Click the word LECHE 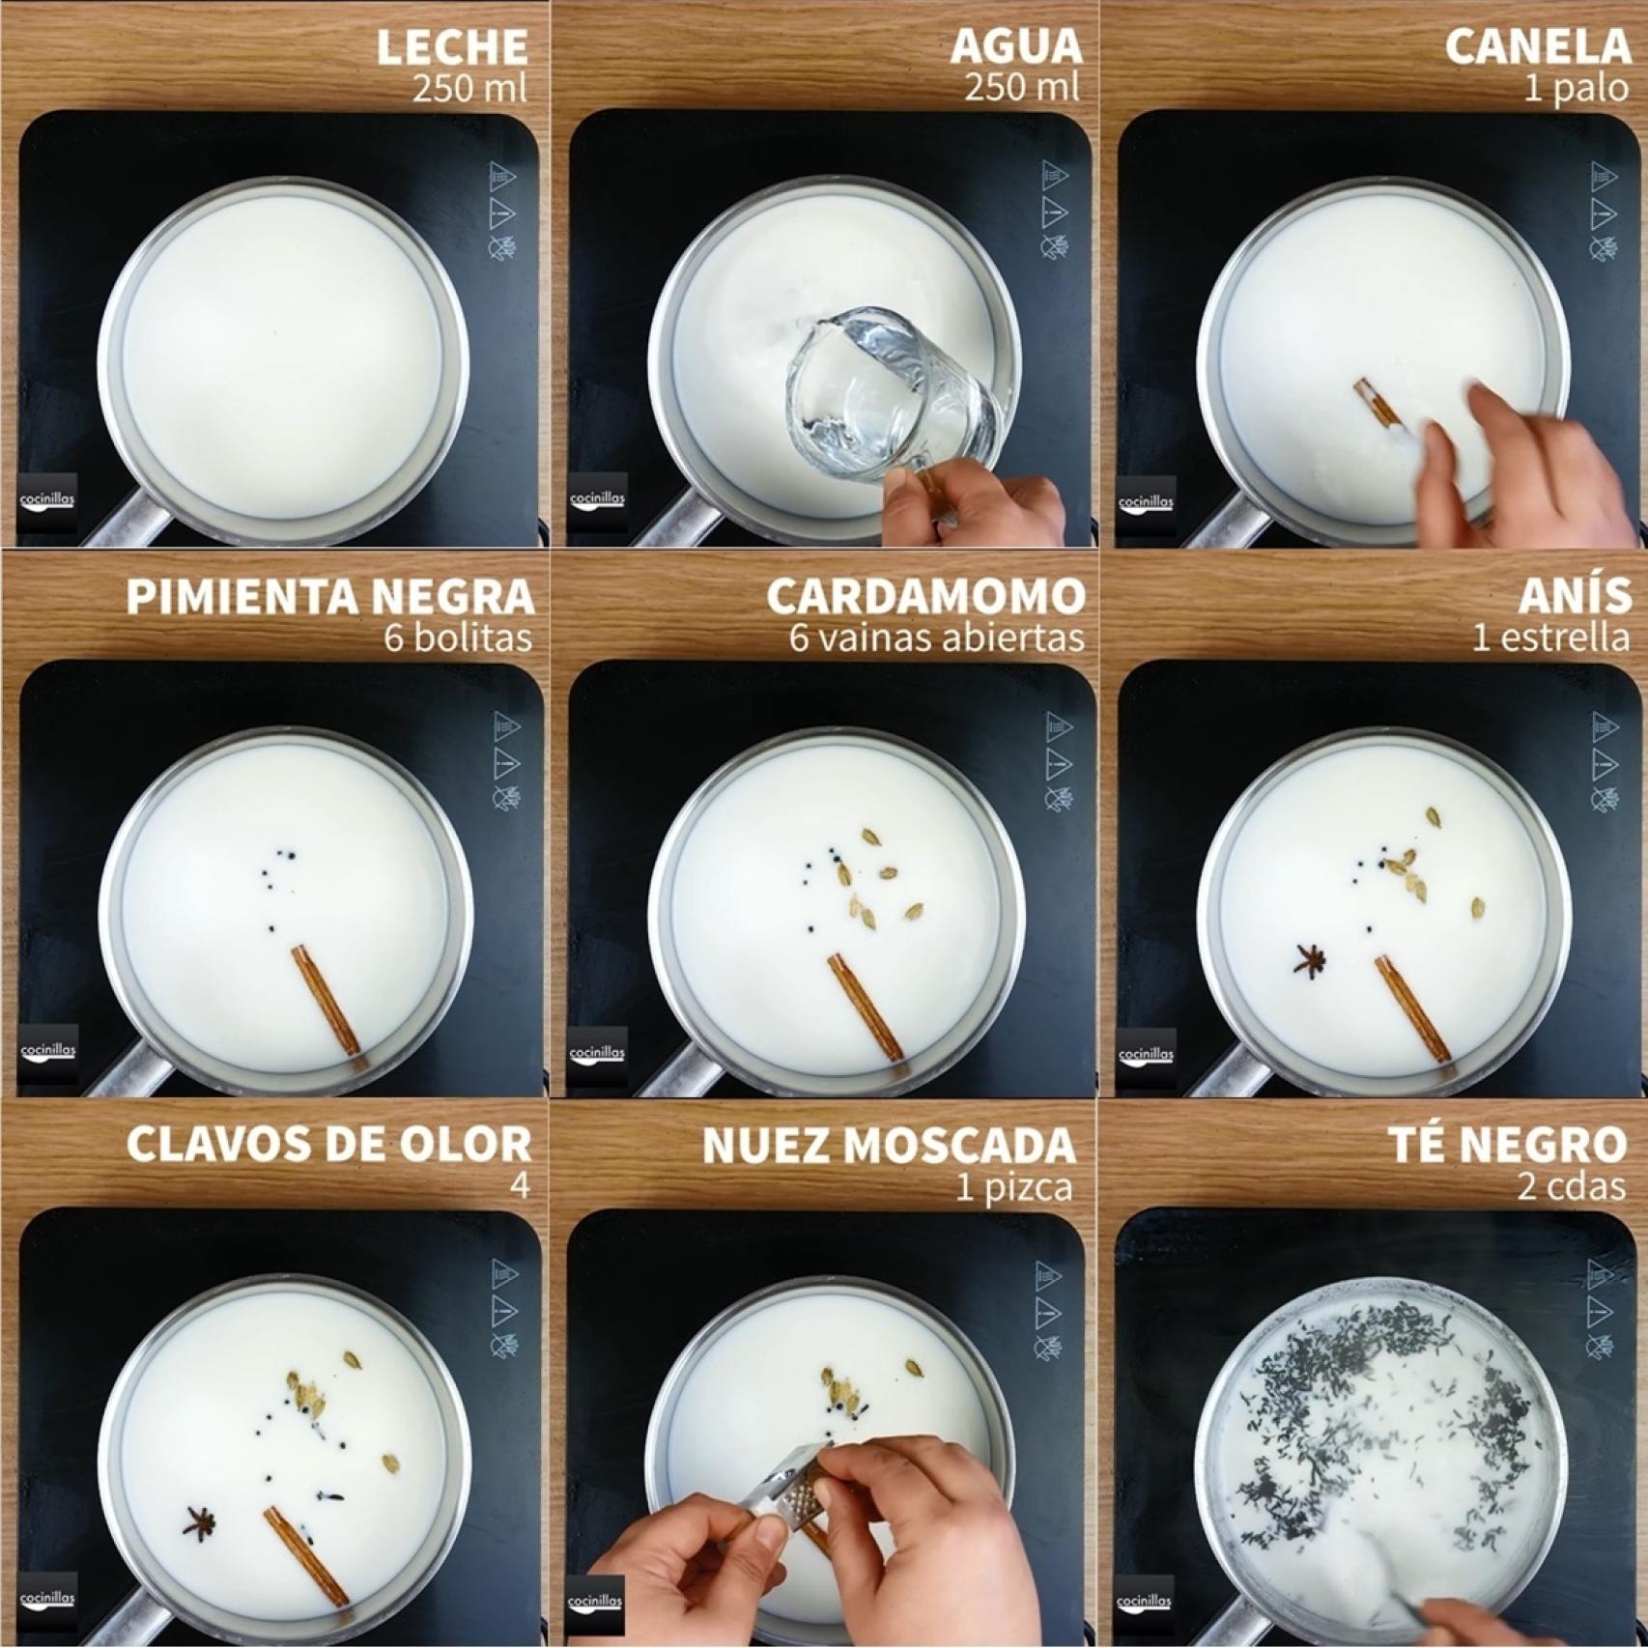[x=452, y=47]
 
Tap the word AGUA [x=1016, y=47]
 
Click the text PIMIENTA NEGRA [x=330, y=597]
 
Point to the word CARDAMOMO [x=926, y=597]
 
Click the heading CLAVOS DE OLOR [x=328, y=1145]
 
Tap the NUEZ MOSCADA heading [x=889, y=1145]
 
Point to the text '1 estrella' [x=1551, y=639]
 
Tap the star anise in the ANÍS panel [x=1311, y=960]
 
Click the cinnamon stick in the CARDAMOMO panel [x=864, y=1009]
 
